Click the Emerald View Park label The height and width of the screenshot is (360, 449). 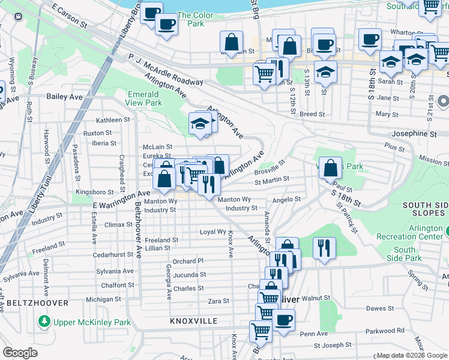tap(143, 98)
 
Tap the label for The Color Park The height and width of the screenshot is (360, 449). tap(191, 19)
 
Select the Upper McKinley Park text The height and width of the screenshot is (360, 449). tap(92, 322)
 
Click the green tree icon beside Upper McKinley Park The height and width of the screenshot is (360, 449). tap(44, 322)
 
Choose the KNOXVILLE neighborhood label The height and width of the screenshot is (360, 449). tap(194, 321)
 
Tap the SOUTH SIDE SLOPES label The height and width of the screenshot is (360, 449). tap(425, 209)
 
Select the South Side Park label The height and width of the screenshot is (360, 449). tap(405, 254)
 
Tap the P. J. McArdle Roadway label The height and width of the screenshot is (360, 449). tap(165, 69)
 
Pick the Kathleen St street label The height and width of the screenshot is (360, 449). tap(109, 120)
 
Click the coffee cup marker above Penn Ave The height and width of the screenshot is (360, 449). tap(283, 319)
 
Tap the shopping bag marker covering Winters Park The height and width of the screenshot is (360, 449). tap(330, 168)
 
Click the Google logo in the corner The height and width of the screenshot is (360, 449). tap(20, 353)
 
